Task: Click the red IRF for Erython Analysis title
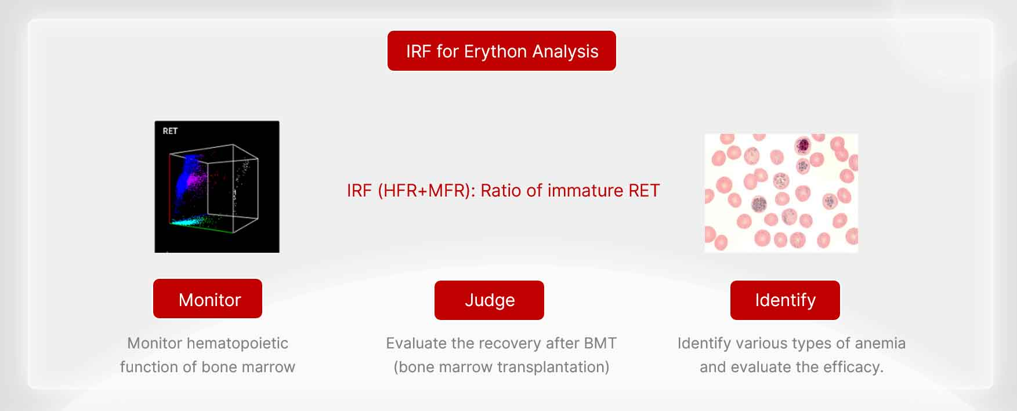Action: tap(502, 51)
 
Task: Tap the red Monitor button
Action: tap(208, 299)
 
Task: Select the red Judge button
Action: tap(489, 300)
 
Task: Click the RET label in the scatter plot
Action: tap(170, 131)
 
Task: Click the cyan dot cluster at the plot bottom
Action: tap(189, 221)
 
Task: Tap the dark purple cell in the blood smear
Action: tap(803, 145)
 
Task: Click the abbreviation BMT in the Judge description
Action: tap(600, 343)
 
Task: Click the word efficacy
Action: tap(854, 367)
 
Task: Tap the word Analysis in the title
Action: tap(565, 52)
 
